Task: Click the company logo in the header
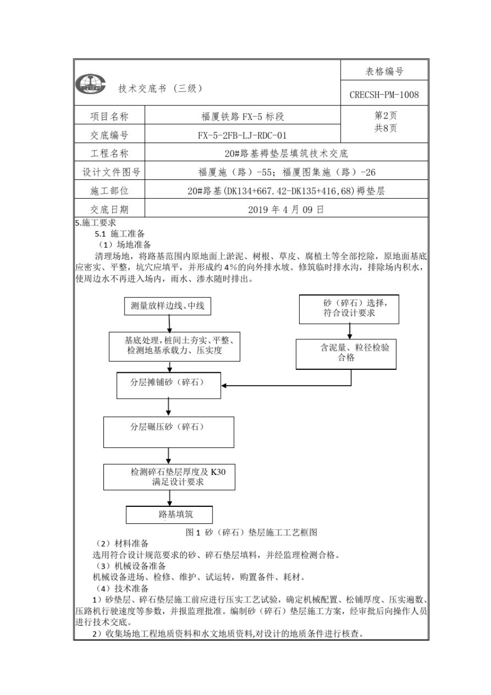coord(90,84)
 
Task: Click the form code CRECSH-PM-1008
coord(384,95)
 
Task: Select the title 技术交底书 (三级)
coord(160,88)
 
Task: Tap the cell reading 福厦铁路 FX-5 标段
coord(242,116)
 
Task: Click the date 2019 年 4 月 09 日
coord(286,209)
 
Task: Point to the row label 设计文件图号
coord(110,172)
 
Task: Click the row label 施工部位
coord(110,191)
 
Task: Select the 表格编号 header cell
coord(384,71)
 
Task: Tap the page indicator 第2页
coord(386,115)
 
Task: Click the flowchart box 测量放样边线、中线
coord(167,306)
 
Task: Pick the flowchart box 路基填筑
coord(170,514)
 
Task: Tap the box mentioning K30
coord(169,477)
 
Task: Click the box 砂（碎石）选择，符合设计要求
coord(349,309)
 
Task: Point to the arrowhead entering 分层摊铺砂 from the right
coord(225,385)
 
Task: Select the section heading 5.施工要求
coord(96,223)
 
